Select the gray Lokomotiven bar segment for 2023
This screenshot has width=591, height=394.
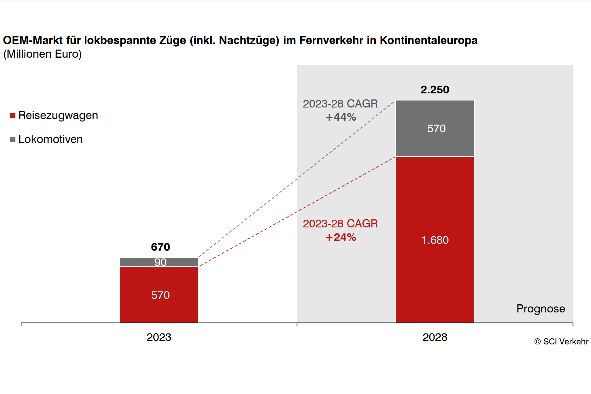click(x=135, y=262)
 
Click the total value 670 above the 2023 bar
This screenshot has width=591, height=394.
click(x=161, y=247)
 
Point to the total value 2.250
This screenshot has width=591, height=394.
click(x=435, y=90)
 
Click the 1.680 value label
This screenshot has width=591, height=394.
click(x=435, y=240)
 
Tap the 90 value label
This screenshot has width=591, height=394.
click(x=160, y=262)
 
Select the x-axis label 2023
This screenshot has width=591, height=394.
click(x=159, y=337)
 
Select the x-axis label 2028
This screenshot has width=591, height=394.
click(x=435, y=337)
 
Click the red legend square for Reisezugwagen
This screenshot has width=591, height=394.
click(x=13, y=116)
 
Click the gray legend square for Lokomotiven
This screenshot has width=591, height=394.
click(x=13, y=139)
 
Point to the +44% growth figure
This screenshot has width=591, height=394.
click(x=341, y=117)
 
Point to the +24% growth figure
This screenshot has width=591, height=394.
click(x=341, y=237)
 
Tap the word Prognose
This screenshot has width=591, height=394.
click(x=541, y=309)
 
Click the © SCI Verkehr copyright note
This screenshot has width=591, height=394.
click(x=561, y=342)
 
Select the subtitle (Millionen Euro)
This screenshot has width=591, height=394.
click(x=43, y=54)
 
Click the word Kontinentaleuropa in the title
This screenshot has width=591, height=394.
click(x=428, y=40)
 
